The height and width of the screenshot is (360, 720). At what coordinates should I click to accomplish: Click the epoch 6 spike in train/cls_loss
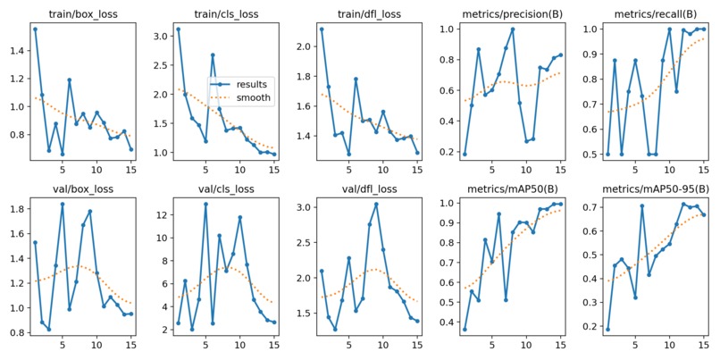213,54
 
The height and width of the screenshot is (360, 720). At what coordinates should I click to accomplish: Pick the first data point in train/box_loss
35,29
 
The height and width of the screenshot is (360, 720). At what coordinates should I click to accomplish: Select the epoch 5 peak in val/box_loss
63,204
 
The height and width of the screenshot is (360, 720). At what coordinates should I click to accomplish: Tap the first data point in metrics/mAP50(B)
465,330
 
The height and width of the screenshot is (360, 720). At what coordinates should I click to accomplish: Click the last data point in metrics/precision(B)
561,54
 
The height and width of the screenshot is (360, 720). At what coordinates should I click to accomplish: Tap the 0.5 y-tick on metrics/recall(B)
592,155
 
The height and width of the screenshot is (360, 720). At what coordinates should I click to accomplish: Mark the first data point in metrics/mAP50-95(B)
608,330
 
